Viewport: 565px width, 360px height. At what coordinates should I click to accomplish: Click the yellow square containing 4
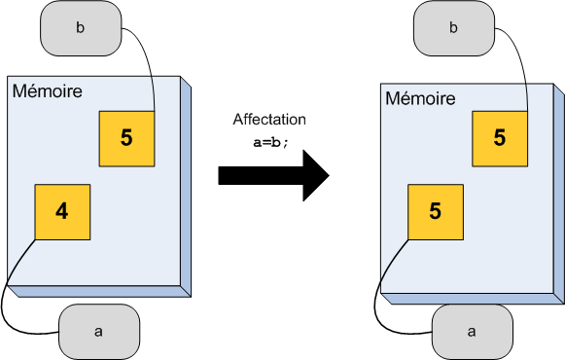point(62,211)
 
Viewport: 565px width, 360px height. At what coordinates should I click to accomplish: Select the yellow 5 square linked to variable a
point(435,210)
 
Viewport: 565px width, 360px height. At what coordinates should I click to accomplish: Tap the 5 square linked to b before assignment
point(126,137)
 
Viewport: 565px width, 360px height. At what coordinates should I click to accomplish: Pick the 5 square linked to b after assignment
point(499,138)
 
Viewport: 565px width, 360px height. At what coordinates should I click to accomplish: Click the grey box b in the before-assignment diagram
point(80,27)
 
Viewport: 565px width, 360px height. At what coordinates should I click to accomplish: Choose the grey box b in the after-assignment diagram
point(452,28)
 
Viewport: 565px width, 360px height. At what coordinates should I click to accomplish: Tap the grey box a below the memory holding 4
point(98,331)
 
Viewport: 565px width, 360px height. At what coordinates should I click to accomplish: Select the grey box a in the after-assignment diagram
point(472,331)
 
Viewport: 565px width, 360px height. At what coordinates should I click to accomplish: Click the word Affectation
point(269,120)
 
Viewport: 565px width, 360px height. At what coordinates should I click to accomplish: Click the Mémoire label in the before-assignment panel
point(47,91)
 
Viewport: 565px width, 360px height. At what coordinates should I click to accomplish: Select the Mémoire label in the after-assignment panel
point(420,98)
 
